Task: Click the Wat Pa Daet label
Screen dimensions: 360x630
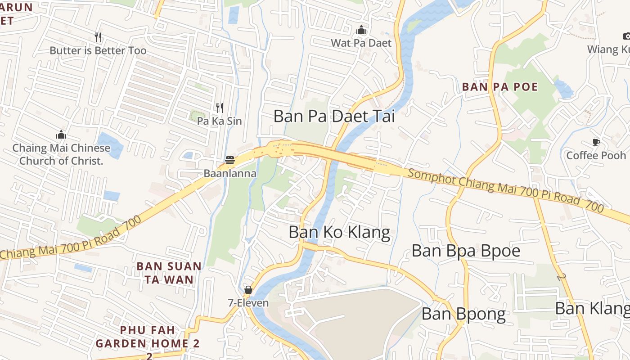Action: [x=361, y=43]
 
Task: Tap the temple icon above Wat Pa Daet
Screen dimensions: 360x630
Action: [x=361, y=30]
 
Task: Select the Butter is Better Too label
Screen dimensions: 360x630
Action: [x=98, y=50]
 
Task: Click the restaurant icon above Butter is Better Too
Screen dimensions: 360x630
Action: [x=98, y=37]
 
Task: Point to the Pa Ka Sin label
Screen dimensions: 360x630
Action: [x=219, y=121]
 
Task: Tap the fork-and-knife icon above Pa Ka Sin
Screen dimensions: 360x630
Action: [x=220, y=108]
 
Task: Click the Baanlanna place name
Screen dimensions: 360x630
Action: [x=230, y=173]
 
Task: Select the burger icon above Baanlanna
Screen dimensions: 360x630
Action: [x=230, y=160]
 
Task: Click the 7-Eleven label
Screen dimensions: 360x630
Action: [x=248, y=303]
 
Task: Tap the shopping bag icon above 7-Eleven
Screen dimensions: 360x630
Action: [x=248, y=290]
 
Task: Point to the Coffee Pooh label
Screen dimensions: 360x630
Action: [x=596, y=155]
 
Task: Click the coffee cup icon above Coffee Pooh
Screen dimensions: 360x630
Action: [x=596, y=142]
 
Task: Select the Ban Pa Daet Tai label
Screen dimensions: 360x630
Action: [x=334, y=116]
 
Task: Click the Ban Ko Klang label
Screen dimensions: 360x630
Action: [x=339, y=232]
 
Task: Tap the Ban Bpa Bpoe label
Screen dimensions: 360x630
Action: [x=466, y=251]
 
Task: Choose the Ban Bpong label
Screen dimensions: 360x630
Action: [x=463, y=314]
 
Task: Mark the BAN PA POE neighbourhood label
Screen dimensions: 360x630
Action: [x=500, y=86]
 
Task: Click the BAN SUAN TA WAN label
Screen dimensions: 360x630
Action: [x=169, y=273]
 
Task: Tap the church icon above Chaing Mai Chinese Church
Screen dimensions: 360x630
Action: [x=61, y=135]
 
